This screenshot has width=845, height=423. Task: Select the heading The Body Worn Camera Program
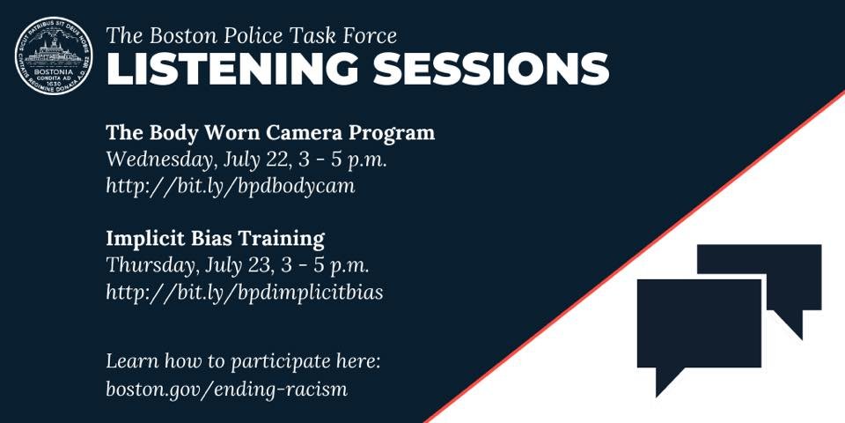(270, 133)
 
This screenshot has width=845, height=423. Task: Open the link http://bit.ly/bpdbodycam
(231, 187)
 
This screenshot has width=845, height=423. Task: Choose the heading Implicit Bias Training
(216, 238)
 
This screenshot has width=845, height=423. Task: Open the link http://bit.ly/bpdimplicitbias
(245, 293)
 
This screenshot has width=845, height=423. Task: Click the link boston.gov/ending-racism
(226, 388)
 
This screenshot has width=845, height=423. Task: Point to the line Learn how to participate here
(243, 361)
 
